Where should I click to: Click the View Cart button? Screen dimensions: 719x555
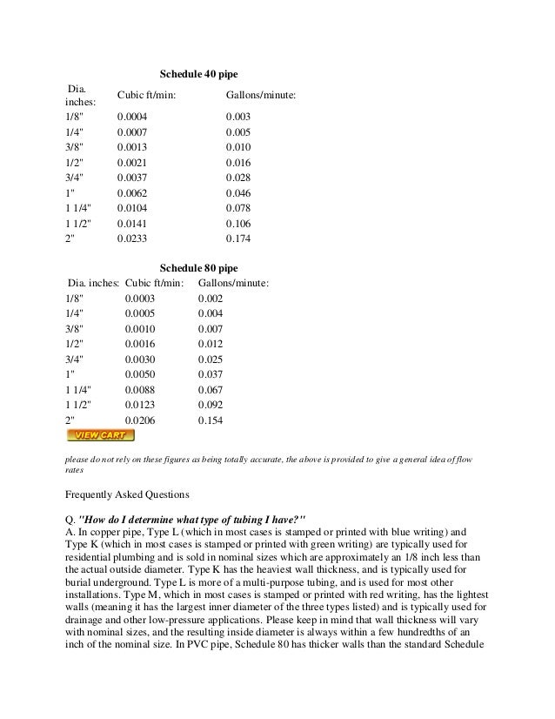(100, 435)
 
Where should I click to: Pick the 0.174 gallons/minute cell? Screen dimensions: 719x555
(238, 238)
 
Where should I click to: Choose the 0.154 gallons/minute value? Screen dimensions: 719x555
(211, 420)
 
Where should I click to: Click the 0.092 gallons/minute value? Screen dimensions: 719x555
(211, 405)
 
